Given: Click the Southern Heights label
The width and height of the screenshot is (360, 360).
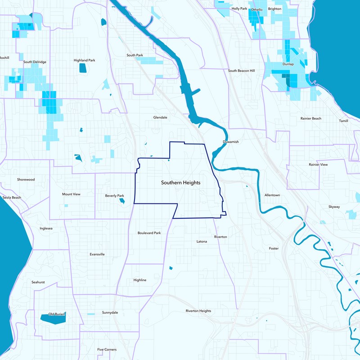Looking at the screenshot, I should tap(180, 183).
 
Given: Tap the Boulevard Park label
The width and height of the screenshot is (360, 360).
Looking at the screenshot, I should tap(149, 233).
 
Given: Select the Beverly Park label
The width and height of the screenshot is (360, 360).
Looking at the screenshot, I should tap(114, 196).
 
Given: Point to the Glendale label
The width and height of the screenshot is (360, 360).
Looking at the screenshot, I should tap(160, 117).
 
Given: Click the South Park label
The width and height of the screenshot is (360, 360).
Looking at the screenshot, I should tap(135, 55).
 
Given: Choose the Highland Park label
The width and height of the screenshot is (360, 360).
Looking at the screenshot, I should tap(85, 60).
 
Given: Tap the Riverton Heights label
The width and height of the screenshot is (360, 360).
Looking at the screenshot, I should tap(198, 311).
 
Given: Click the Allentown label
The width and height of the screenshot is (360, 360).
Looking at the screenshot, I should tap(272, 195).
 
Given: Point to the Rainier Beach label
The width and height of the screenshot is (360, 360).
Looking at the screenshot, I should tap(311, 118).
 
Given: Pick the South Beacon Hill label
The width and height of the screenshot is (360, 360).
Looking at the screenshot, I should tap(241, 71).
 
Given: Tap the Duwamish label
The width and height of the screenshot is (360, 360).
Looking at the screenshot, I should tap(230, 142).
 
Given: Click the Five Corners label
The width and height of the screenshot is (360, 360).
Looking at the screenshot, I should tap(107, 350).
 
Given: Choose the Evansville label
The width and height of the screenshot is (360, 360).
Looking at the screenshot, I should tap(97, 254).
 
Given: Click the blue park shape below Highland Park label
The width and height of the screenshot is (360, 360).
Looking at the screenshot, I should tap(83, 68).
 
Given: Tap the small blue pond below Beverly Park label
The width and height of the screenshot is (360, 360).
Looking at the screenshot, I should tap(122, 201).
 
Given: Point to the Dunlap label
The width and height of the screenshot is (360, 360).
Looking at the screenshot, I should tap(288, 64).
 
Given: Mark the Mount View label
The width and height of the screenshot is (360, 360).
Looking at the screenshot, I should tap(71, 194).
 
